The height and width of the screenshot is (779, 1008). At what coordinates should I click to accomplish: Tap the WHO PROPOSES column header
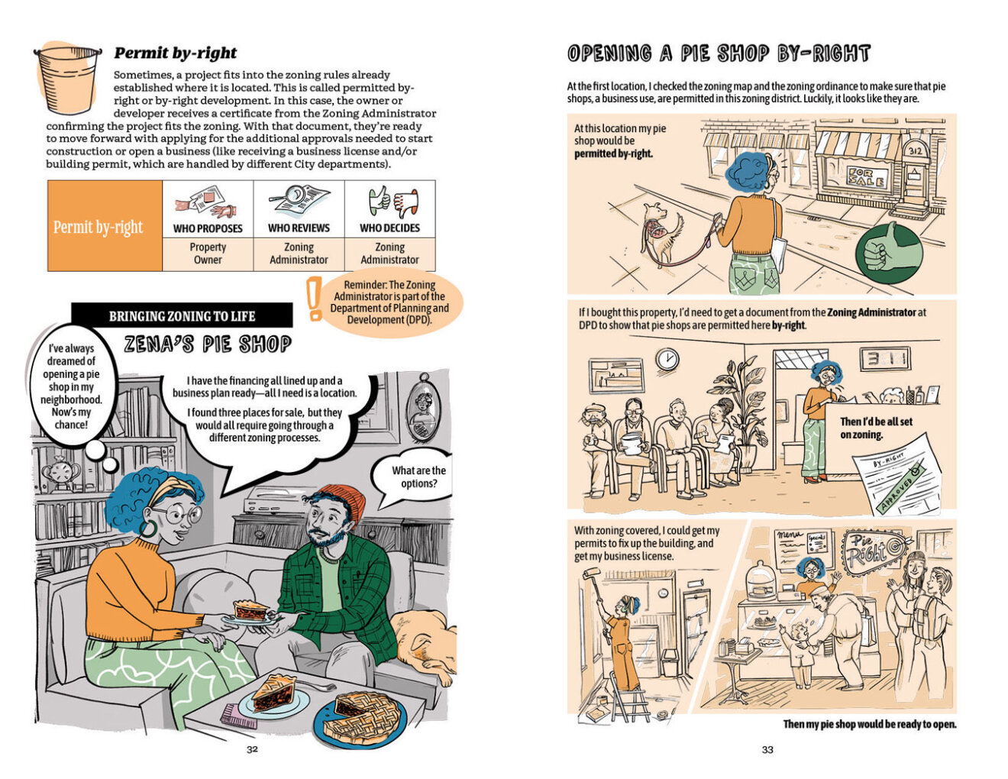pyautogui.click(x=208, y=228)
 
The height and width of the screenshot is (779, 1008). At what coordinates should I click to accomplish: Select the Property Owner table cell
pyautogui.click(x=208, y=254)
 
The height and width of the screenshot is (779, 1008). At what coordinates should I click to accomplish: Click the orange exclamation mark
pyautogui.click(x=315, y=298)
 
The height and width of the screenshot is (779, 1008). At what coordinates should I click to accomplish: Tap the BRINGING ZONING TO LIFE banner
pyautogui.click(x=182, y=316)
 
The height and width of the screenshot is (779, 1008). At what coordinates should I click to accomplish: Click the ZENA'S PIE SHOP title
pyautogui.click(x=208, y=344)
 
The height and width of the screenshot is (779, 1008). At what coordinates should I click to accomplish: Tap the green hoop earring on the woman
pyautogui.click(x=148, y=529)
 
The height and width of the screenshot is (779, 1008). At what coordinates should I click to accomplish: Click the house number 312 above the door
pyautogui.click(x=914, y=151)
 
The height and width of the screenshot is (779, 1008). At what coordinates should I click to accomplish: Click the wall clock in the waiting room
pyautogui.click(x=667, y=359)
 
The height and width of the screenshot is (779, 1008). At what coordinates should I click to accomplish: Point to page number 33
pyautogui.click(x=767, y=749)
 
